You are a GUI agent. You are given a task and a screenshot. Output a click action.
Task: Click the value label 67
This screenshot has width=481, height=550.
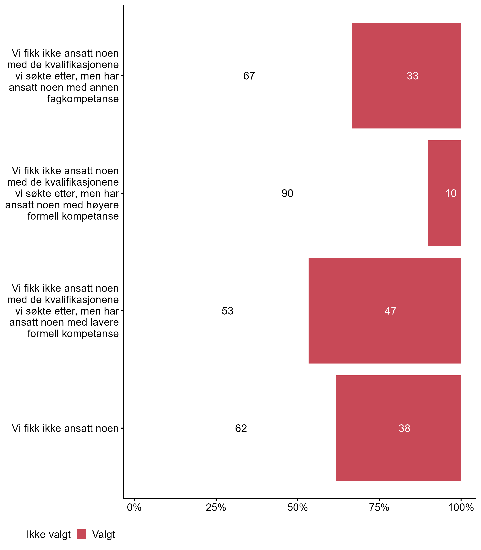249,76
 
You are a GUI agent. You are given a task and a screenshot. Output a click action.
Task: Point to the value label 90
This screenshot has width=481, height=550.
287,193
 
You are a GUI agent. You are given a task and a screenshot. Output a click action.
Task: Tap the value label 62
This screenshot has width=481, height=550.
241,428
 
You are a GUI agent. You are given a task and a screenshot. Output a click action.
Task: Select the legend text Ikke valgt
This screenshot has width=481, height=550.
49,535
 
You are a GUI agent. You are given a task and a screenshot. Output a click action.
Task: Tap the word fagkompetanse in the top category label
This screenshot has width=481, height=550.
83,99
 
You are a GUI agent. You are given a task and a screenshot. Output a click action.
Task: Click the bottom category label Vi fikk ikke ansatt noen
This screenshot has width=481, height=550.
65,428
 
